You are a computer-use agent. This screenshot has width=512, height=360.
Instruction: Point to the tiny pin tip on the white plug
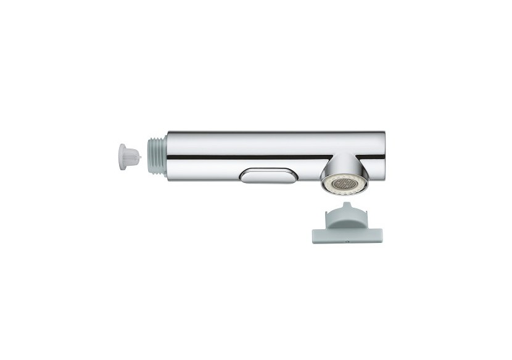tap(141, 157)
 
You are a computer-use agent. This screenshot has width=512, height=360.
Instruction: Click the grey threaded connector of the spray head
tap(158, 155)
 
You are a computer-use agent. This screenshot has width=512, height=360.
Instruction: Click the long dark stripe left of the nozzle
tap(247, 156)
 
